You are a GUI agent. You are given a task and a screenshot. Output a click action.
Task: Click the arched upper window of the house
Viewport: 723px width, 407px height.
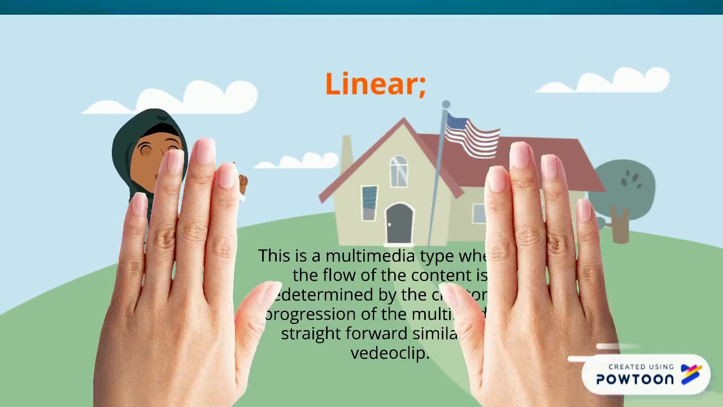click(399, 170)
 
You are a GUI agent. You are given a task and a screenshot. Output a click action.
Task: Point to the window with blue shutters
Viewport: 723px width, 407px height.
click(369, 202)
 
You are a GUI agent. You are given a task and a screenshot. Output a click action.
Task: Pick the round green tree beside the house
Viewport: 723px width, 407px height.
click(625, 187)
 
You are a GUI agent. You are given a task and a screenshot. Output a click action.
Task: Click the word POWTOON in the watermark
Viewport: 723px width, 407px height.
click(635, 379)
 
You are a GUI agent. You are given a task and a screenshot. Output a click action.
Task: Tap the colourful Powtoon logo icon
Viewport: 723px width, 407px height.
click(691, 374)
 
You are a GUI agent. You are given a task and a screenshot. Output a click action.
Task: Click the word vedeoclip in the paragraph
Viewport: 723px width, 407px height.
click(390, 353)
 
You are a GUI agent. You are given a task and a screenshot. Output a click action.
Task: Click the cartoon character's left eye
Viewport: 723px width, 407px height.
click(146, 150)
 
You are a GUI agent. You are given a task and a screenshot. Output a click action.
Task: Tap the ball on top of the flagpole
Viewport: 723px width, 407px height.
click(446, 105)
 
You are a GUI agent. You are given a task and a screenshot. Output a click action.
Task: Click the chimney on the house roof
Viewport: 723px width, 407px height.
click(346, 150)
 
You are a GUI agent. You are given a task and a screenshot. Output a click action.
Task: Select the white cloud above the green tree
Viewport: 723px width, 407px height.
click(613, 81)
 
